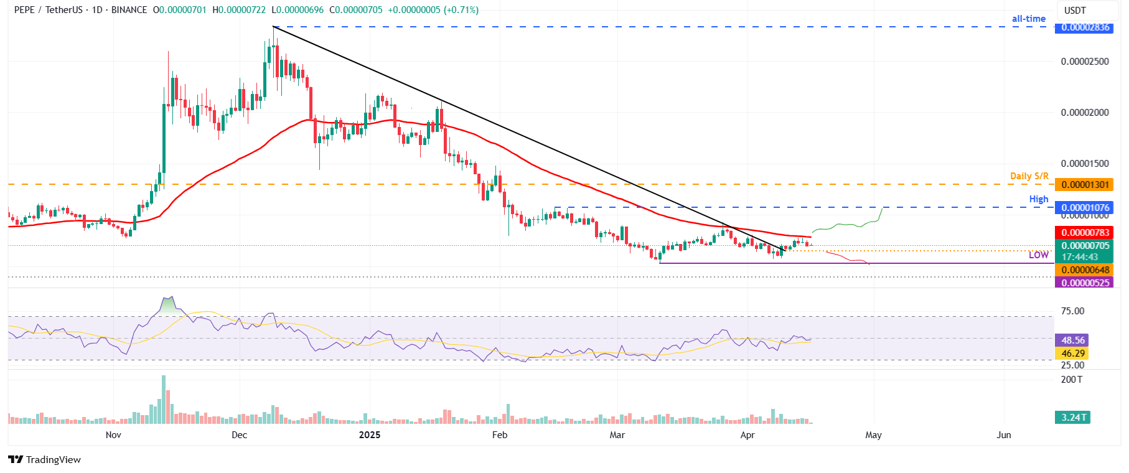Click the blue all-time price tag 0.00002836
[1085, 27]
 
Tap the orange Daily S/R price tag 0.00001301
[1085, 185]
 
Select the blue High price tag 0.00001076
[1085, 208]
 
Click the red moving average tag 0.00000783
[1085, 233]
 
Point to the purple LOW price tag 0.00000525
[1085, 283]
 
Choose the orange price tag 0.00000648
[1085, 270]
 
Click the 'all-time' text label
[1028, 19]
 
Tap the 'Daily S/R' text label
[1029, 176]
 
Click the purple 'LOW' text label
[1038, 255]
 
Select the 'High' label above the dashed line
[1038, 199]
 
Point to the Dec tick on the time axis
[239, 435]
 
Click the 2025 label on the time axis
[370, 435]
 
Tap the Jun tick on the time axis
[1003, 435]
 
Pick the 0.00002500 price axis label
[1085, 62]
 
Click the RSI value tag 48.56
[1073, 340]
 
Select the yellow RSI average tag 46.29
[1073, 354]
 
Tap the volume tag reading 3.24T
[1073, 418]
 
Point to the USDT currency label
[1075, 11]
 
